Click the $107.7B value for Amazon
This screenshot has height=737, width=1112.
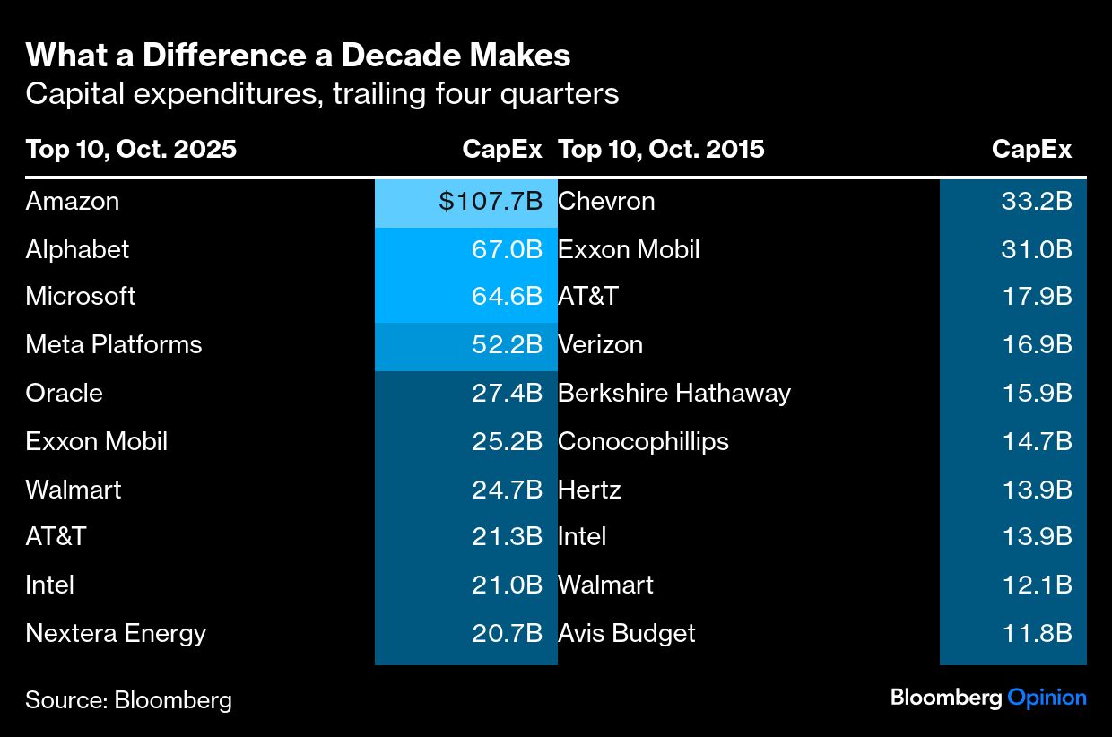(x=490, y=202)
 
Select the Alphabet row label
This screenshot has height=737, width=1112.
(x=77, y=249)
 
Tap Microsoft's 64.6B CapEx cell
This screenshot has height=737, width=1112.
(x=507, y=297)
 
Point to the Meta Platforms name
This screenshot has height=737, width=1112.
(x=114, y=345)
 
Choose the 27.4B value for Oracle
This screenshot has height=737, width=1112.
(x=507, y=394)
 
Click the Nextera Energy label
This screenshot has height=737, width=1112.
(x=116, y=634)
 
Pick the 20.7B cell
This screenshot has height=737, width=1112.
(x=507, y=634)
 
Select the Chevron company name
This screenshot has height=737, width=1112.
(x=606, y=202)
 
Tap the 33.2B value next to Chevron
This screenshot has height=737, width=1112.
(x=1036, y=202)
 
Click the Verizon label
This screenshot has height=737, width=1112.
(x=600, y=345)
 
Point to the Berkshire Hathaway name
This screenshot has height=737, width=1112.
(x=674, y=394)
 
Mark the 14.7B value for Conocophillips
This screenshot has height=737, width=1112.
(x=1036, y=442)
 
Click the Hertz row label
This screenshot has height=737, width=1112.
(x=589, y=490)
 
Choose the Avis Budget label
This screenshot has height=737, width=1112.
(x=626, y=634)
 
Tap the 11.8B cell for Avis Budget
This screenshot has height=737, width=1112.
(x=1036, y=634)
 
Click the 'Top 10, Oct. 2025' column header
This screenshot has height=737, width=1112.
(x=131, y=149)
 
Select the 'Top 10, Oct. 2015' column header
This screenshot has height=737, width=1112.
(x=661, y=149)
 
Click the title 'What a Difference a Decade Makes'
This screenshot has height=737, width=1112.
(x=298, y=56)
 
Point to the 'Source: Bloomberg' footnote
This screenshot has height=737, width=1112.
(x=128, y=700)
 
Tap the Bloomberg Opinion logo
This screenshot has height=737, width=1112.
(x=988, y=698)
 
